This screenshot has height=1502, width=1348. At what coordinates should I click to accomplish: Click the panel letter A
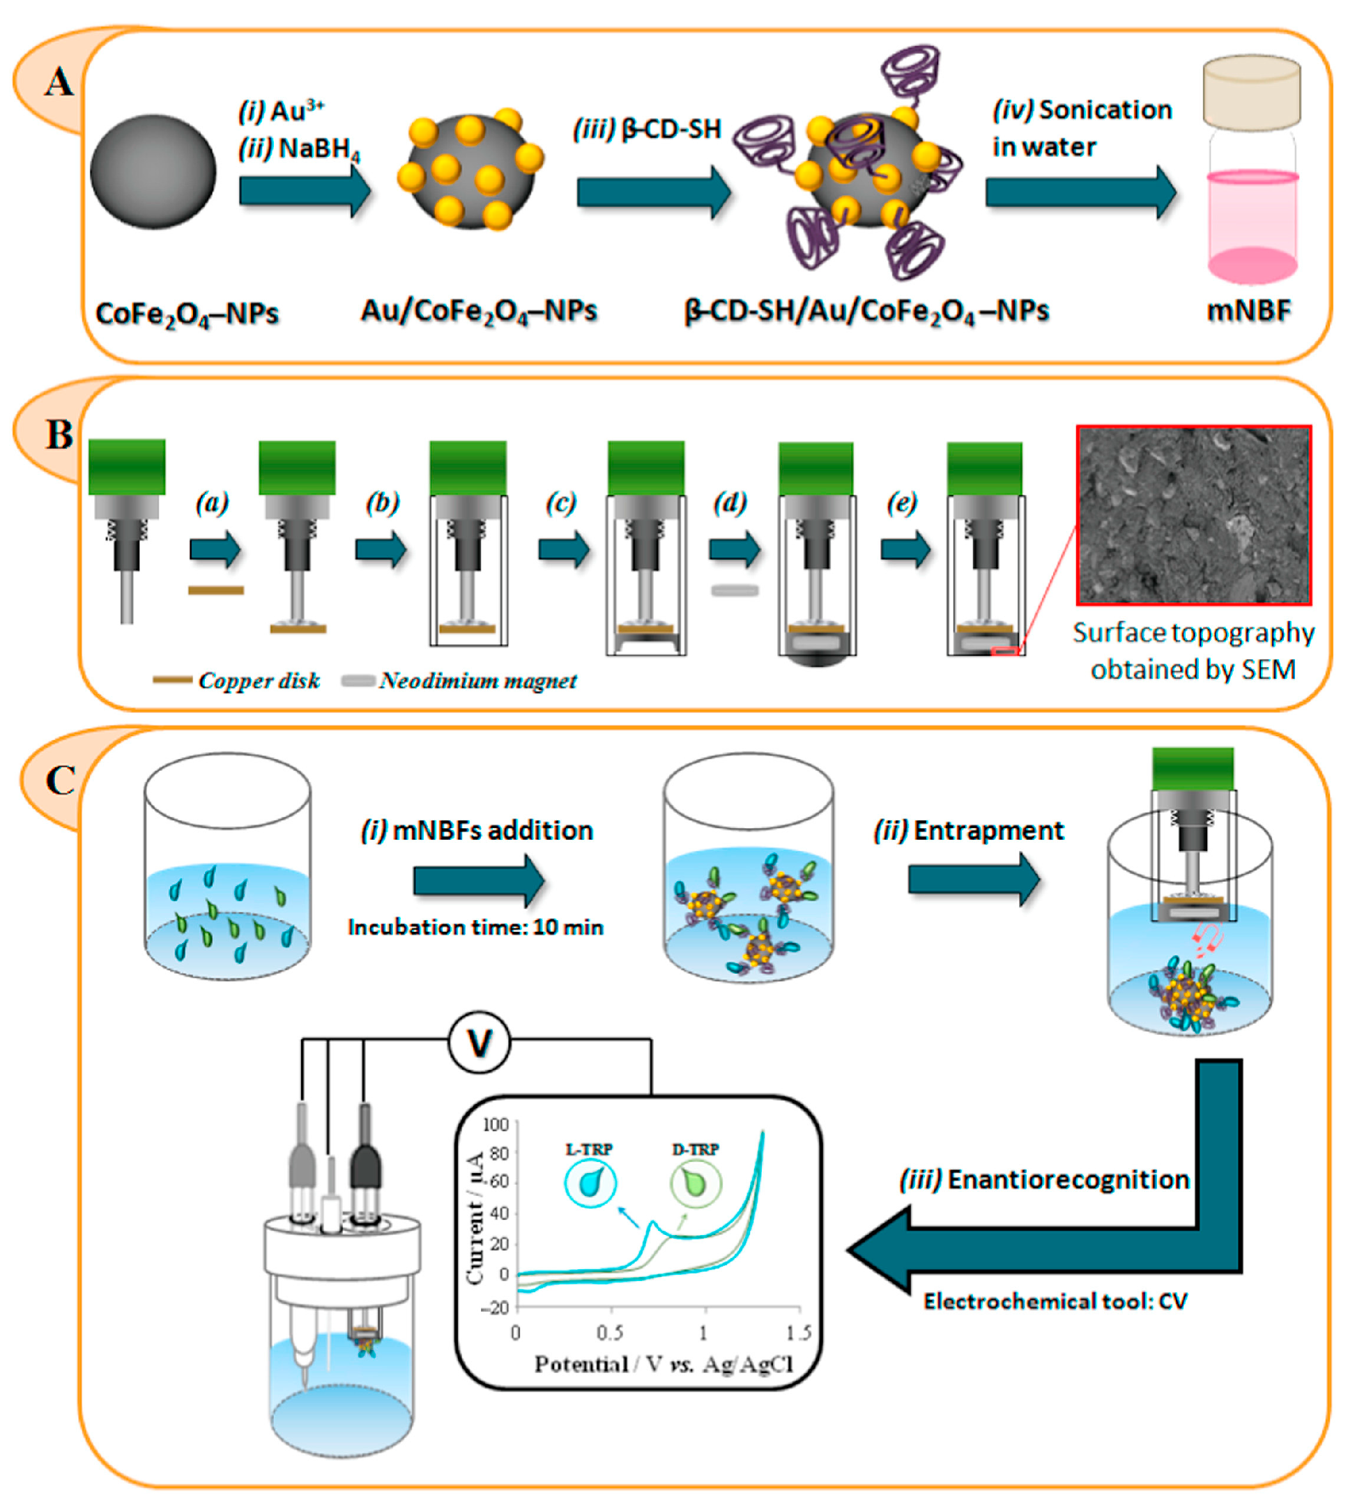click(59, 82)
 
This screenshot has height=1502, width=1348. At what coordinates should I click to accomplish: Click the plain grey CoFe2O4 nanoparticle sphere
click(153, 171)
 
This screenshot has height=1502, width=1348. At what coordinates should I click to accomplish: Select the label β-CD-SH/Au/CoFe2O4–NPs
click(866, 310)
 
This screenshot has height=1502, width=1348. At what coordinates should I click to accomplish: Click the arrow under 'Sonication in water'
click(1080, 192)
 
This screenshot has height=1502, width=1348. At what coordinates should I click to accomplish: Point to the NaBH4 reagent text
click(319, 149)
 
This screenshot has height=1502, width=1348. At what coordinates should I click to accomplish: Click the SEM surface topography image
click(1193, 515)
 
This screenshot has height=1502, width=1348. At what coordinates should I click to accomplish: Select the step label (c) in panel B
click(560, 503)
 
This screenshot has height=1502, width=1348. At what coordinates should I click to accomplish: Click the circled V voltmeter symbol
click(480, 1043)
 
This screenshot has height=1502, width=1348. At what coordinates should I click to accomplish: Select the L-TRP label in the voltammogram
click(590, 1149)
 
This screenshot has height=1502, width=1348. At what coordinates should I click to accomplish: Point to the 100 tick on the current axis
click(496, 1125)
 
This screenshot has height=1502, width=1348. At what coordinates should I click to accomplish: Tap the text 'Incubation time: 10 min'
click(475, 927)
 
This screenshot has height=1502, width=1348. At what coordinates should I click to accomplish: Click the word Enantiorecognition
click(1068, 1179)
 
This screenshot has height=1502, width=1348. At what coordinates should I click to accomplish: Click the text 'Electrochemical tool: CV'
click(1055, 1301)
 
